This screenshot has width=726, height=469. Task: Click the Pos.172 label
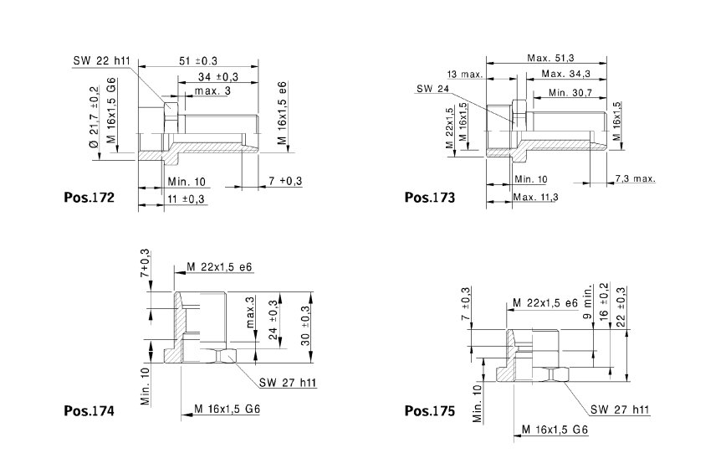click(x=89, y=198)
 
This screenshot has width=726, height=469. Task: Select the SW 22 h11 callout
click(x=102, y=60)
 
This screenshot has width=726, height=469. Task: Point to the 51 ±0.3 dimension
click(x=198, y=60)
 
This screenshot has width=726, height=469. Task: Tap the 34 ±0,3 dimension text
click(x=218, y=77)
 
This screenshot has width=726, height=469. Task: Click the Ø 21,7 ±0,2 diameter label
click(x=94, y=117)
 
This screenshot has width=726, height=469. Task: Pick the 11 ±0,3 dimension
click(x=186, y=199)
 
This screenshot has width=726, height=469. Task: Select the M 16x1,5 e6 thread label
click(x=283, y=113)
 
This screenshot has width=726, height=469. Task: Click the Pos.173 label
click(x=430, y=198)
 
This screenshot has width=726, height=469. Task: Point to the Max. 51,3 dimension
click(x=550, y=58)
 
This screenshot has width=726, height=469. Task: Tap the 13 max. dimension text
click(x=465, y=75)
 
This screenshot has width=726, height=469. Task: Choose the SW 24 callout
click(x=433, y=89)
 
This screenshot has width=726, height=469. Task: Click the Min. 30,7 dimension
click(x=570, y=93)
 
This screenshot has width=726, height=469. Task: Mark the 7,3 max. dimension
click(x=636, y=178)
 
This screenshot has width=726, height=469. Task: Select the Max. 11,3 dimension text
click(x=535, y=197)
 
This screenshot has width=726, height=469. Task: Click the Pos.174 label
click(x=89, y=411)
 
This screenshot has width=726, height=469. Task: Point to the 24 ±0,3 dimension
click(x=274, y=320)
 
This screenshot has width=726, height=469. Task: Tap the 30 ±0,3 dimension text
click(x=305, y=326)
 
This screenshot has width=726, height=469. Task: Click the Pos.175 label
click(x=430, y=411)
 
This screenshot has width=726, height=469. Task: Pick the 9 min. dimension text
click(x=588, y=302)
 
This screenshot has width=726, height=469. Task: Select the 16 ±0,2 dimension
click(x=604, y=301)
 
